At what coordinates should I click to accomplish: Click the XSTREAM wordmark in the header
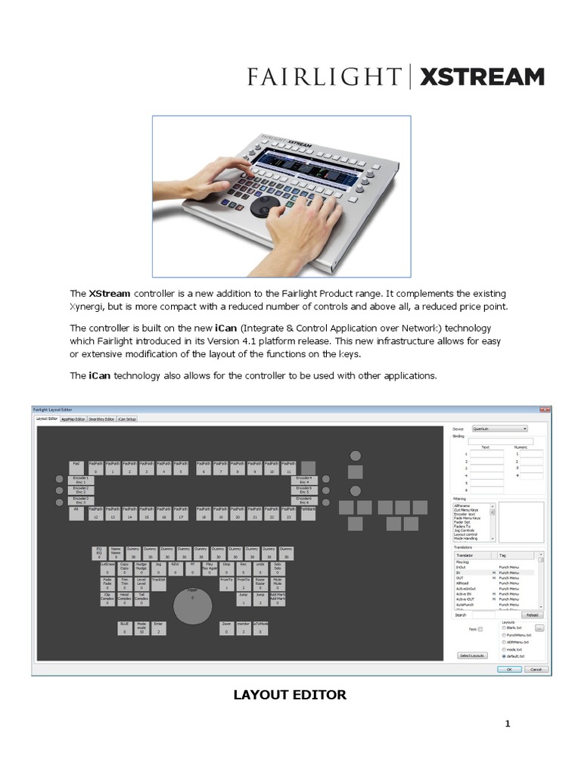pos(482,77)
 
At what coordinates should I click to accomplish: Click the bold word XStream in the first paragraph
pos(110,293)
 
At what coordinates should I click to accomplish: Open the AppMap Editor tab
pos(73,419)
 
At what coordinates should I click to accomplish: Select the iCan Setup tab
pos(127,419)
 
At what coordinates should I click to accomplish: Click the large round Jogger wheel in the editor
pos(192,606)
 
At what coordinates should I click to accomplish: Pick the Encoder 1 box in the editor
pos(79,480)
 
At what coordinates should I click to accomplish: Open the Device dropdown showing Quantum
pos(499,428)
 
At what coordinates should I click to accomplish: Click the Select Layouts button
pos(472,655)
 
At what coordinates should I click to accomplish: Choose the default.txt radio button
pos(504,655)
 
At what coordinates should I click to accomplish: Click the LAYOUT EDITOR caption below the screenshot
pos(290,695)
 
